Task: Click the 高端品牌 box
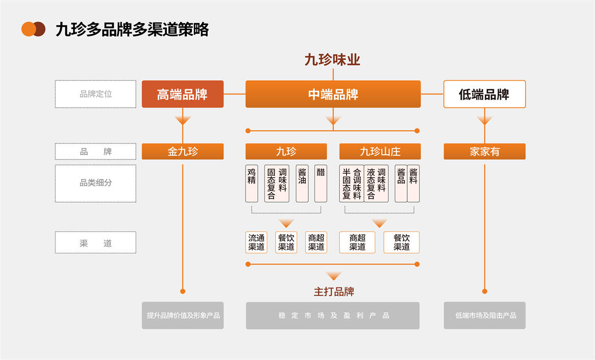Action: click(x=183, y=94)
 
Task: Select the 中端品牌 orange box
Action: click(x=333, y=94)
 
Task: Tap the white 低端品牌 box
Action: click(x=484, y=94)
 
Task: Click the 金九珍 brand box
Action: click(x=183, y=151)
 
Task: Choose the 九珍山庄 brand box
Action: click(x=380, y=151)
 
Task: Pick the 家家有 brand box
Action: click(x=484, y=151)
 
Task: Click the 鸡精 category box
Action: click(x=252, y=183)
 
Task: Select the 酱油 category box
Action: click(x=302, y=183)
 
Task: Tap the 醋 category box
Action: click(x=320, y=183)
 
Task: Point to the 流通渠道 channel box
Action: click(x=257, y=243)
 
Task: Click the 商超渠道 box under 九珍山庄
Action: click(x=357, y=243)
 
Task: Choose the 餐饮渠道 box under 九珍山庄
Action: click(x=402, y=243)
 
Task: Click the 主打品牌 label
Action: click(x=334, y=292)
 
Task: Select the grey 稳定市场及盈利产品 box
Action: click(x=333, y=316)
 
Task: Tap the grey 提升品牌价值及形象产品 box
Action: click(x=183, y=316)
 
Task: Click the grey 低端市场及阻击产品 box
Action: click(x=484, y=316)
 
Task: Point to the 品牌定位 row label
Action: click(x=95, y=94)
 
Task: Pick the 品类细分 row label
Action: click(x=95, y=183)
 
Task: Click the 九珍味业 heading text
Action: click(x=333, y=60)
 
